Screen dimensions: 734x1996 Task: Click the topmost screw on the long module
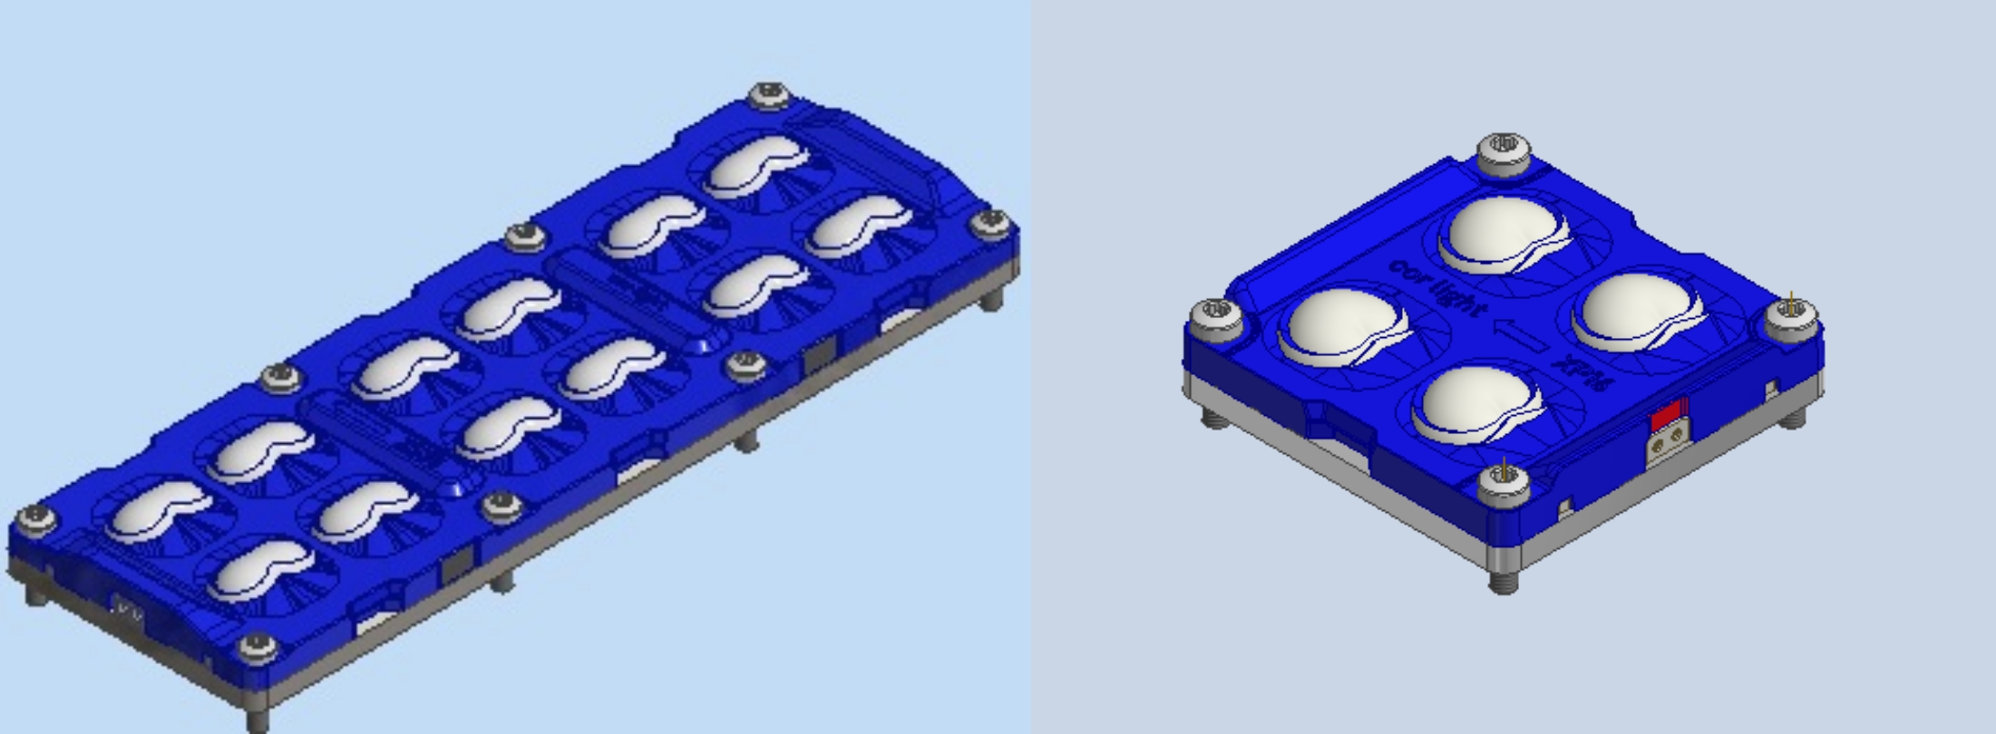tap(770, 93)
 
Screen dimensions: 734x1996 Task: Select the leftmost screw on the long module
tap(36, 518)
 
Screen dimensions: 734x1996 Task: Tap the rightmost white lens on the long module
tap(857, 224)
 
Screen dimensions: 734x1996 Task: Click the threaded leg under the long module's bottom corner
tap(258, 720)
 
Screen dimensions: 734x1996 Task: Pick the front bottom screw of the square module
tap(1504, 479)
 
